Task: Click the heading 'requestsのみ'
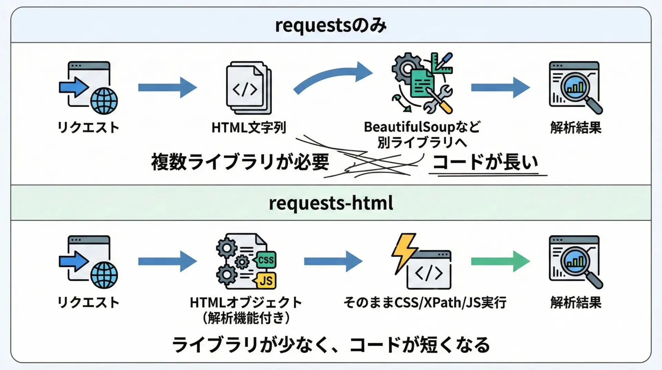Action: click(331, 26)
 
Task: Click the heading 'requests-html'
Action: click(331, 203)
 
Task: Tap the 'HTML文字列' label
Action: click(249, 128)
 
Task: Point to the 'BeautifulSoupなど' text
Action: click(422, 127)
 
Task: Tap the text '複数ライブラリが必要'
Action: click(240, 162)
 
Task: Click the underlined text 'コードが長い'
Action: click(485, 162)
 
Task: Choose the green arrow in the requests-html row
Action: click(500, 261)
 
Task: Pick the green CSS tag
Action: click(265, 260)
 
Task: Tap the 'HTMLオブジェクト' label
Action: click(246, 302)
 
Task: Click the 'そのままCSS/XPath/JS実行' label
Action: click(425, 302)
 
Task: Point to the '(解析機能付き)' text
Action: click(246, 318)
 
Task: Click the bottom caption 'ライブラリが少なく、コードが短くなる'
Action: click(331, 345)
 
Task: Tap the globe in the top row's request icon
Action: click(104, 101)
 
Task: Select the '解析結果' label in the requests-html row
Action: click(575, 302)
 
